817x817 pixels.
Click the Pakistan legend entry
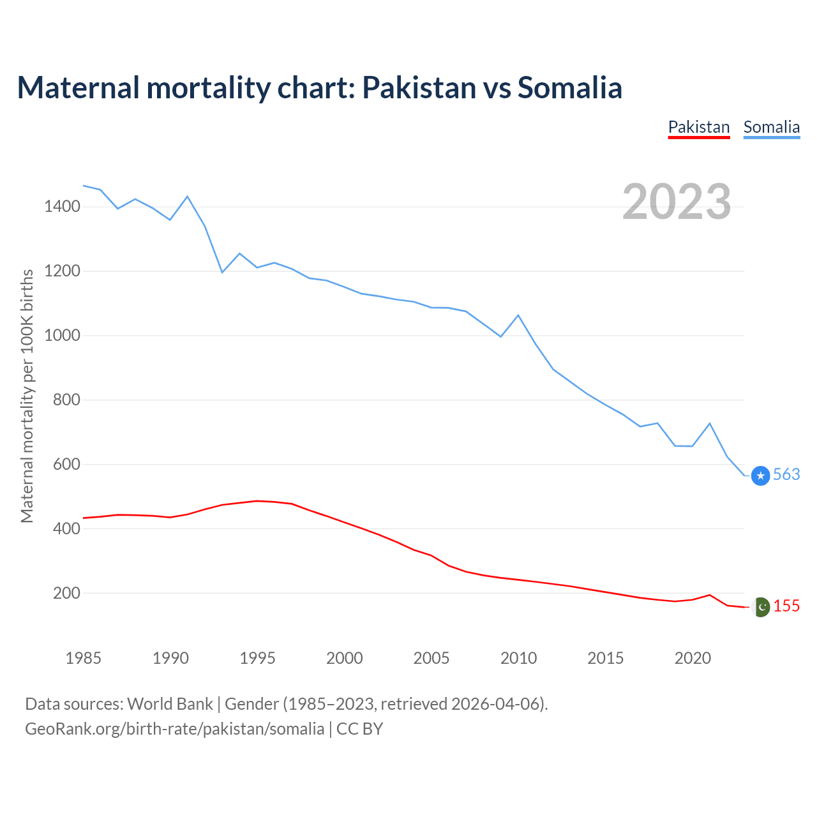click(698, 127)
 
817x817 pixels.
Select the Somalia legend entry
click(771, 127)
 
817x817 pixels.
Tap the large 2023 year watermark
click(677, 202)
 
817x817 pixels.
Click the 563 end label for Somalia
click(786, 474)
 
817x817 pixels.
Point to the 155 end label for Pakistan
click(786, 606)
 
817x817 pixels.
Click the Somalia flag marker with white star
click(760, 476)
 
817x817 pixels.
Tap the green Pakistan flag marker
click(761, 607)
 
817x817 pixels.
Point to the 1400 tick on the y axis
click(62, 206)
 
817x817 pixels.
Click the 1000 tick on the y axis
click(62, 335)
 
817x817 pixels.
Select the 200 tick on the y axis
click(66, 593)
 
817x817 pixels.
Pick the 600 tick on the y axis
click(66, 464)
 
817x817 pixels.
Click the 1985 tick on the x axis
click(84, 658)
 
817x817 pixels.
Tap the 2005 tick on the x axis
click(431, 658)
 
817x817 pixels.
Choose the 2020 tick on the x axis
click(693, 658)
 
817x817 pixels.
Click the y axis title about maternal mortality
click(27, 396)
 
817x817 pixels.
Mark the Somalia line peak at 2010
click(518, 315)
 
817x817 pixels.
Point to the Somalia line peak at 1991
click(187, 197)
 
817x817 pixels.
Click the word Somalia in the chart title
click(569, 87)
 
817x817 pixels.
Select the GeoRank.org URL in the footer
click(174, 728)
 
